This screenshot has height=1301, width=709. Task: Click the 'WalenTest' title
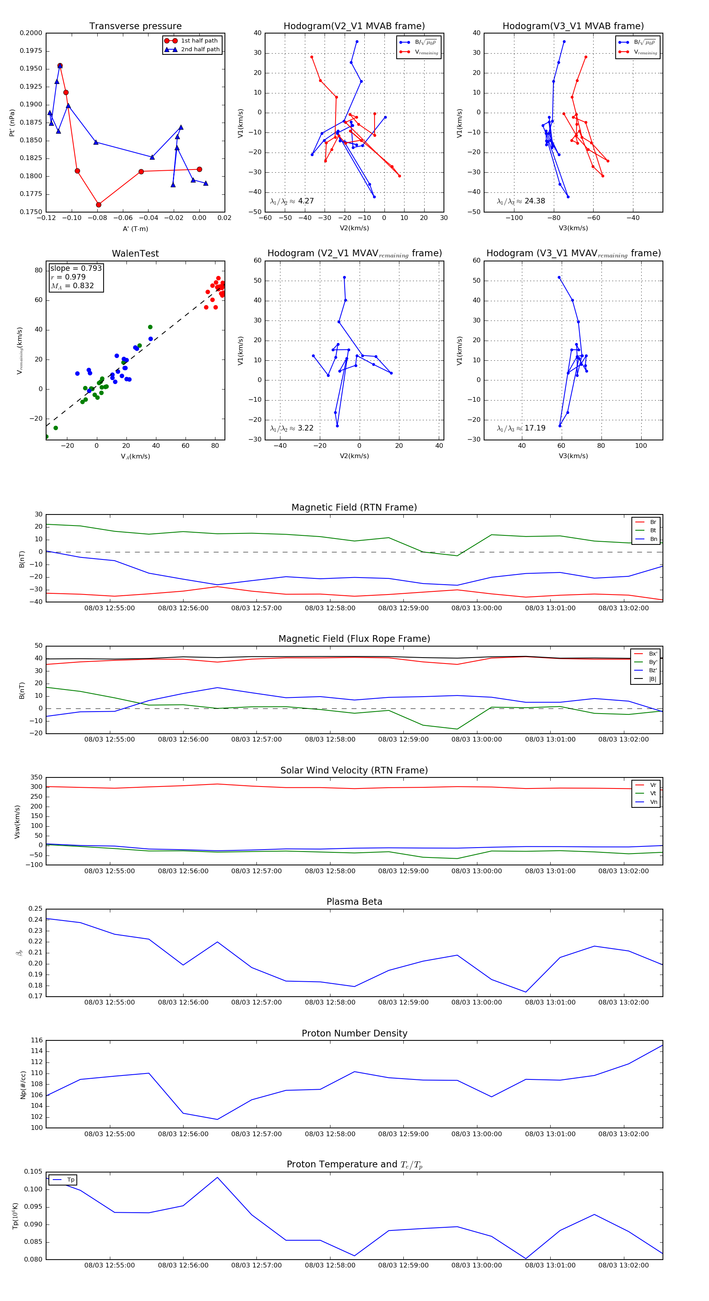(x=135, y=253)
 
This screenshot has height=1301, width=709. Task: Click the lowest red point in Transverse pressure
(x=98, y=205)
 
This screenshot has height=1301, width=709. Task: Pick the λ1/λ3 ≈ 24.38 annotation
(x=521, y=201)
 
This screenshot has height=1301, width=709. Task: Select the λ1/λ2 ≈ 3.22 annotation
(x=291, y=428)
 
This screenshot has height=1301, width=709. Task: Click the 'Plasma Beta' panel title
(x=354, y=902)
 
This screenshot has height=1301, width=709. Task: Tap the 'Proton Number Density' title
(x=354, y=1033)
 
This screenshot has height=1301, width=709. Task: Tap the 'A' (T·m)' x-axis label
(x=135, y=229)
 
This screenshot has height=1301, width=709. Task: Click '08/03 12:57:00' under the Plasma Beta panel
(x=256, y=1003)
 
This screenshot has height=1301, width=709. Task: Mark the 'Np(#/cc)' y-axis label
(x=23, y=1084)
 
